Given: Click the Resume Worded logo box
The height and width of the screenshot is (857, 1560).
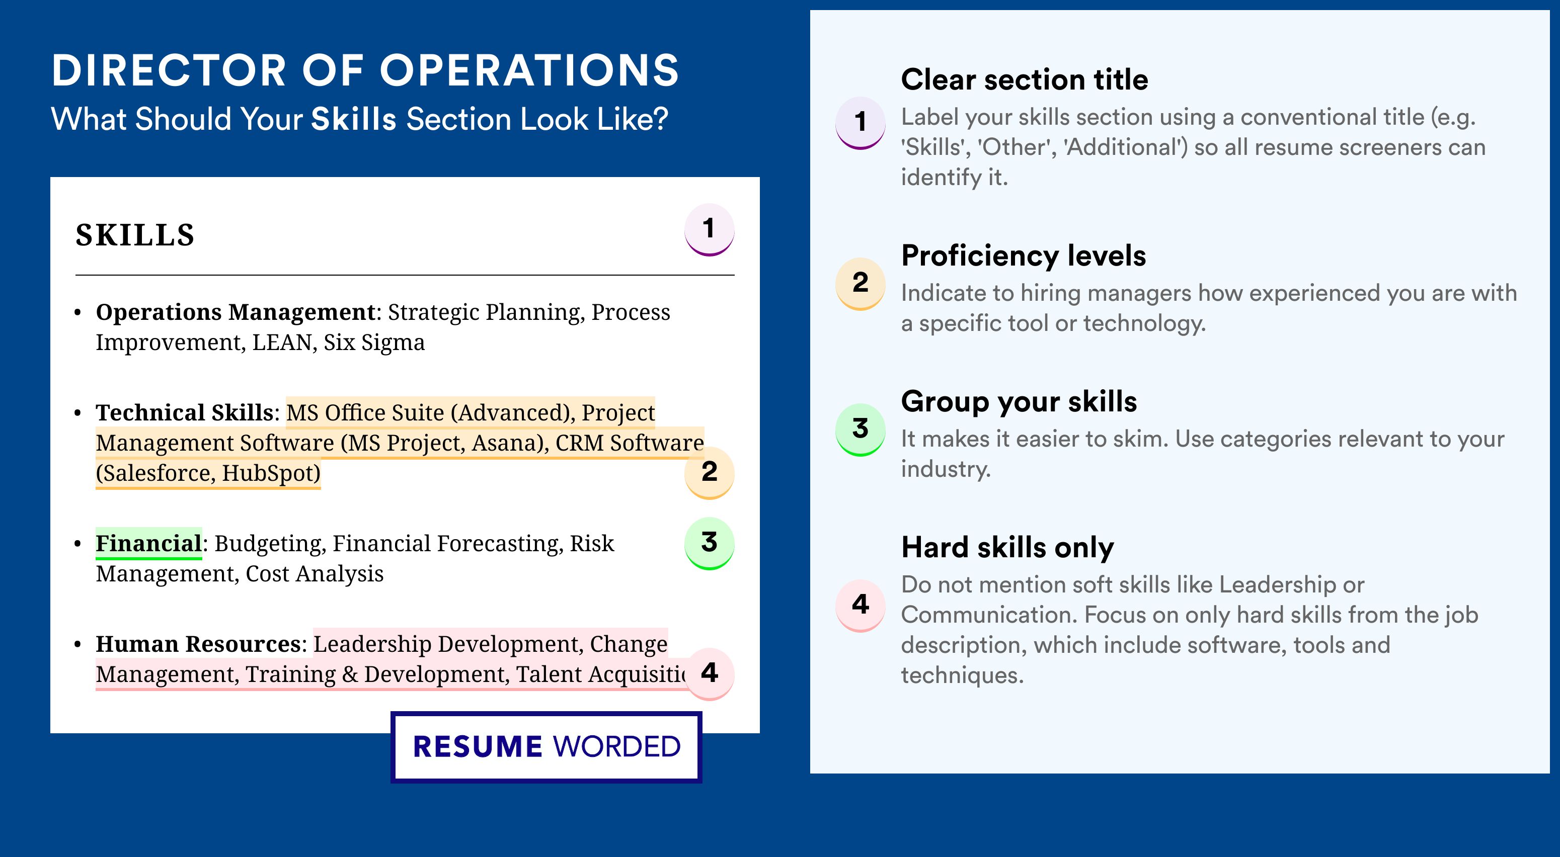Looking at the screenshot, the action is click(x=546, y=747).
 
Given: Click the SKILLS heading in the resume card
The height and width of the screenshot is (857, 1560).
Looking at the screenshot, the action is click(x=135, y=235).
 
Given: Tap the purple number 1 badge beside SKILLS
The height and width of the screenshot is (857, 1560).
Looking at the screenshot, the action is click(x=709, y=229).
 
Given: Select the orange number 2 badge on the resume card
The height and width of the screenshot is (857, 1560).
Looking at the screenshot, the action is click(x=709, y=473).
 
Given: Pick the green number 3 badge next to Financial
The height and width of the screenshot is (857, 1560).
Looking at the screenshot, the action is click(x=709, y=543).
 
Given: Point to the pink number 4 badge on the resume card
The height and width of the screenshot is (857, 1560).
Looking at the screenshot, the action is click(x=709, y=673).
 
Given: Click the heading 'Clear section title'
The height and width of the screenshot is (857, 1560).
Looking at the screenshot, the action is click(x=1024, y=79).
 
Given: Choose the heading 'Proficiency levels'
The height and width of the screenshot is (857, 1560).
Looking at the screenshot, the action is click(x=1024, y=256).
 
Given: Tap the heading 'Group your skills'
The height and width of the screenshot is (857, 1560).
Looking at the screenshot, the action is click(x=1019, y=401).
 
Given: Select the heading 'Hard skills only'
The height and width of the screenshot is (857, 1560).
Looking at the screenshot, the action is click(x=1007, y=547).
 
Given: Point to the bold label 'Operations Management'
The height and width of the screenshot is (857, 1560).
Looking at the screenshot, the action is click(x=236, y=312).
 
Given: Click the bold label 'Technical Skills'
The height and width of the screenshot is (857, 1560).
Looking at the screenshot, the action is click(x=185, y=412).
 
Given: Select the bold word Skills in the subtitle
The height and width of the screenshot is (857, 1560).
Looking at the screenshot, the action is click(x=354, y=119).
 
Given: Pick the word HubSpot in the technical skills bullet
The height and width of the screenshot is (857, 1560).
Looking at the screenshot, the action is click(x=271, y=473).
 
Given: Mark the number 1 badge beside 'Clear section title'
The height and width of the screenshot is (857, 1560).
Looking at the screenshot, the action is click(x=861, y=122).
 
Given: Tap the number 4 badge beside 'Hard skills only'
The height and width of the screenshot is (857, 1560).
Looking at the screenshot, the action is click(x=861, y=605).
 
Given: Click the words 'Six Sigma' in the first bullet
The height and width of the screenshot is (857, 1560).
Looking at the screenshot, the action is click(x=374, y=342).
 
